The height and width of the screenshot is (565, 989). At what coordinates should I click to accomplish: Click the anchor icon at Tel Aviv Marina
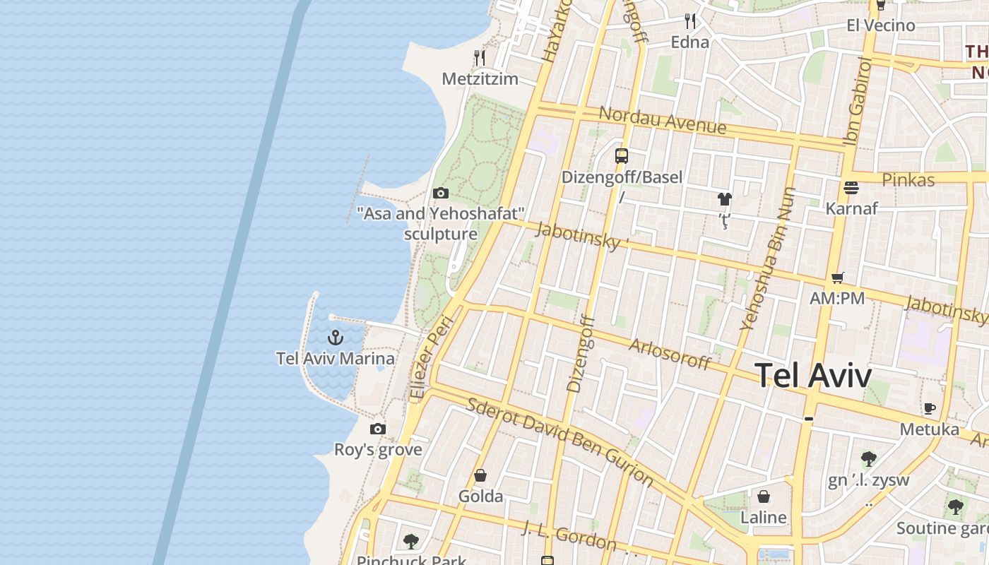(x=336, y=337)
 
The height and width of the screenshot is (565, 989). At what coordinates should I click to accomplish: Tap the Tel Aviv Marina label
(x=336, y=358)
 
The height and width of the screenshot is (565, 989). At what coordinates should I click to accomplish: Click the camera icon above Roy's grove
(x=378, y=429)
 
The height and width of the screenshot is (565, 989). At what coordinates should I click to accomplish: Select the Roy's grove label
(x=378, y=450)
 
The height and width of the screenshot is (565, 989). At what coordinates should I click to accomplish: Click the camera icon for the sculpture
(x=441, y=193)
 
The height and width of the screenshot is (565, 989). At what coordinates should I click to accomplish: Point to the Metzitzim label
(x=480, y=78)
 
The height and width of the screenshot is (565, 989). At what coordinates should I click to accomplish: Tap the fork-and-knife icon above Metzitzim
(x=480, y=57)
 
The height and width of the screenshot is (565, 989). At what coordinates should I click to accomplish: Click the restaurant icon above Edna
(x=690, y=21)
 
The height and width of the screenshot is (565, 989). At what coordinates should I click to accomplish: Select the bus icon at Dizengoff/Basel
(x=622, y=156)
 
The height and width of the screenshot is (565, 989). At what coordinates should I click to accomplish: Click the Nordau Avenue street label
(x=662, y=119)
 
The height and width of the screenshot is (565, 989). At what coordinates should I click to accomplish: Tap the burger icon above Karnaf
(x=851, y=188)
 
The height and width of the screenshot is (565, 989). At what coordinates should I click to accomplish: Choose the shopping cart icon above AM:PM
(x=838, y=278)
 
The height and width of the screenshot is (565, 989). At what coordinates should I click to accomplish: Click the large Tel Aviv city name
(x=814, y=375)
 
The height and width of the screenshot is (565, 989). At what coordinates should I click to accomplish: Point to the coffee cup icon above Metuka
(x=930, y=408)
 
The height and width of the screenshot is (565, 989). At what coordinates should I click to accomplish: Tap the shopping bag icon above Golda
(x=480, y=475)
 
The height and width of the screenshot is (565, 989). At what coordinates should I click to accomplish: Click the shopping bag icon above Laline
(x=764, y=496)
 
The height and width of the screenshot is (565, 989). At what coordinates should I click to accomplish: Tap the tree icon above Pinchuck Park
(x=411, y=542)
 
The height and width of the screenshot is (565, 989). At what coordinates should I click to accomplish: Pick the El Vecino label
(x=881, y=25)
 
